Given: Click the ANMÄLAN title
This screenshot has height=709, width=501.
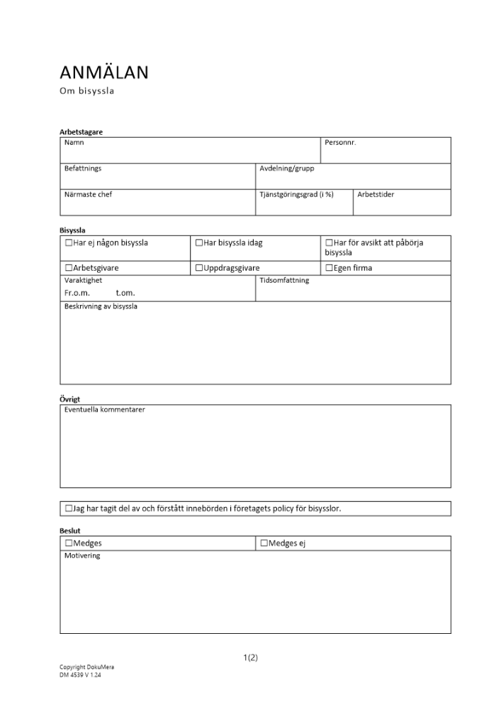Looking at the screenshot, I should point(104,73).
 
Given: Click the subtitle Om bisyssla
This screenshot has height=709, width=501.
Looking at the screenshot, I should point(87,91).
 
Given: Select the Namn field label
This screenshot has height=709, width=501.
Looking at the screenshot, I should point(74,143).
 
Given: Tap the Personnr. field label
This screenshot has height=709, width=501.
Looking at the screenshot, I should point(340,143).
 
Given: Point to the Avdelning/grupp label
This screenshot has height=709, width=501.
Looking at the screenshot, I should point(286,169).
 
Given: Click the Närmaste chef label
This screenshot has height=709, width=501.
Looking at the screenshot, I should point(88,194).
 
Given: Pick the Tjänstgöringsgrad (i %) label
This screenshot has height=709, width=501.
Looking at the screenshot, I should point(296,194).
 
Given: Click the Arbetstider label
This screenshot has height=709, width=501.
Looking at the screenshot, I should point(376,194).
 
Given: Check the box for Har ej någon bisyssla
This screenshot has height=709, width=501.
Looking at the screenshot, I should point(69,243).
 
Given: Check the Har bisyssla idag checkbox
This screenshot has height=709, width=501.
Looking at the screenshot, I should point(199,243).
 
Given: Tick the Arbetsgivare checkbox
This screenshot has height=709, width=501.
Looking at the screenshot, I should point(69,268).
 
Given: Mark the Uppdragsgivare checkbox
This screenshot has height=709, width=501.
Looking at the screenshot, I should point(199,268).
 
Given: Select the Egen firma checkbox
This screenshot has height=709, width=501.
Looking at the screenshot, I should point(329,268).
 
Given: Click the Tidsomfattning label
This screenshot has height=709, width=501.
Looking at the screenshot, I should point(284,280).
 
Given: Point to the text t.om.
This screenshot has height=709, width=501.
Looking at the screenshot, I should point(125,293).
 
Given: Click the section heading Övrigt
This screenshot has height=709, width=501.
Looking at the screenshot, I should point(70,399).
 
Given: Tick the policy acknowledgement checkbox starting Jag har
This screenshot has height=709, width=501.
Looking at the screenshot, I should point(69,508).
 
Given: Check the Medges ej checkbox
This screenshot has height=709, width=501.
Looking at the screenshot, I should point(264,543).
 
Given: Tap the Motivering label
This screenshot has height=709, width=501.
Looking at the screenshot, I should point(82,556).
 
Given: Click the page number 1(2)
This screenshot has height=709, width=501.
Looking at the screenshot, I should point(250,657).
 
